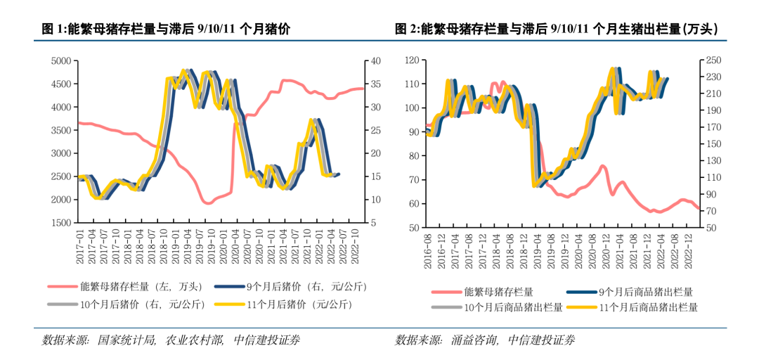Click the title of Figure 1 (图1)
[x=166, y=29]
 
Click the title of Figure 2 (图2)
[x=556, y=29]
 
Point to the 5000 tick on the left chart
[x=62, y=61]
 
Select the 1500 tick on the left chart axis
[x=62, y=223]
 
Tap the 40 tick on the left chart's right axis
[x=375, y=61]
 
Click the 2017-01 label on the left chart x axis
[x=81, y=245]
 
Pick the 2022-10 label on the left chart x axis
[x=355, y=245]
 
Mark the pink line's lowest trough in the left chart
[x=208, y=203]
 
